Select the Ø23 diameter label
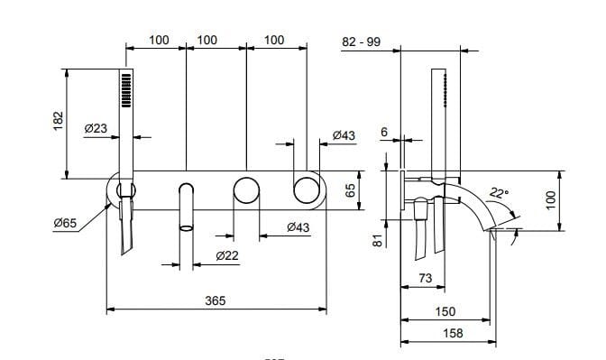tap(96, 129)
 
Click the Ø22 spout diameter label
tap(227, 256)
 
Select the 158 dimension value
tap(445, 333)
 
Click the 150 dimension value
tap(444, 311)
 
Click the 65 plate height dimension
tap(350, 190)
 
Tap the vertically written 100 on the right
tap(551, 198)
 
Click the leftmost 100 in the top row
tap(159, 40)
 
